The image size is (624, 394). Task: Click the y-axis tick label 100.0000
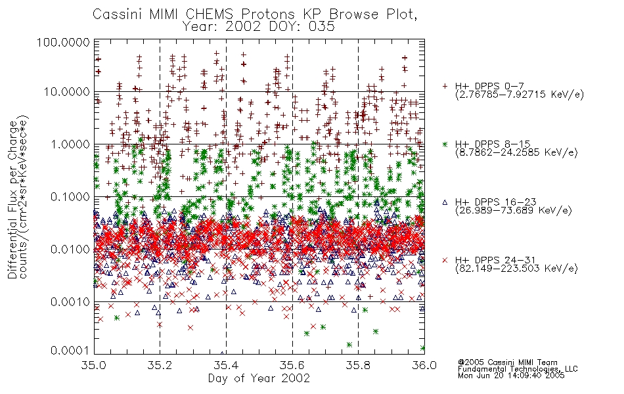click(63, 42)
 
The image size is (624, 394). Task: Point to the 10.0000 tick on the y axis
click(66, 92)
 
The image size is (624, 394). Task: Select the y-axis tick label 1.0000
click(70, 144)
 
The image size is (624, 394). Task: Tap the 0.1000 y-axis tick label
click(70, 197)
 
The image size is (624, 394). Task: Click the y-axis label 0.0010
click(70, 302)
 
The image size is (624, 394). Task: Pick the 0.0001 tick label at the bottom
click(70, 351)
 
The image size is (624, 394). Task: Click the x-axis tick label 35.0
click(94, 365)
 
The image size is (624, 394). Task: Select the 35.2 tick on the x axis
click(160, 365)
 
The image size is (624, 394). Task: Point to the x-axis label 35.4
click(226, 365)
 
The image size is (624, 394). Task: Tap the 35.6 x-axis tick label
click(292, 365)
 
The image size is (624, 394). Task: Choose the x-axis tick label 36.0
click(424, 365)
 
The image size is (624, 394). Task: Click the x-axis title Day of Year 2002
click(259, 378)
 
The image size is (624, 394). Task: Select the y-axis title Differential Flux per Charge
click(13, 200)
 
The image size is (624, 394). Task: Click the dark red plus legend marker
click(445, 86)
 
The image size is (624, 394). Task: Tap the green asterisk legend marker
click(445, 144)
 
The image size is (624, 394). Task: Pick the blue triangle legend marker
click(445, 202)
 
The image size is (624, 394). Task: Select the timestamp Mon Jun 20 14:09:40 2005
click(511, 376)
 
